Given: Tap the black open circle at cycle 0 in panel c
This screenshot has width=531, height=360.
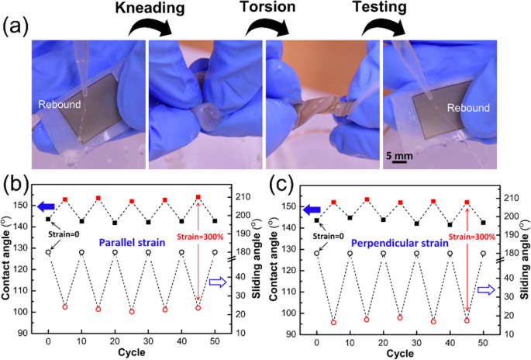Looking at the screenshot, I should [316, 253].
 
